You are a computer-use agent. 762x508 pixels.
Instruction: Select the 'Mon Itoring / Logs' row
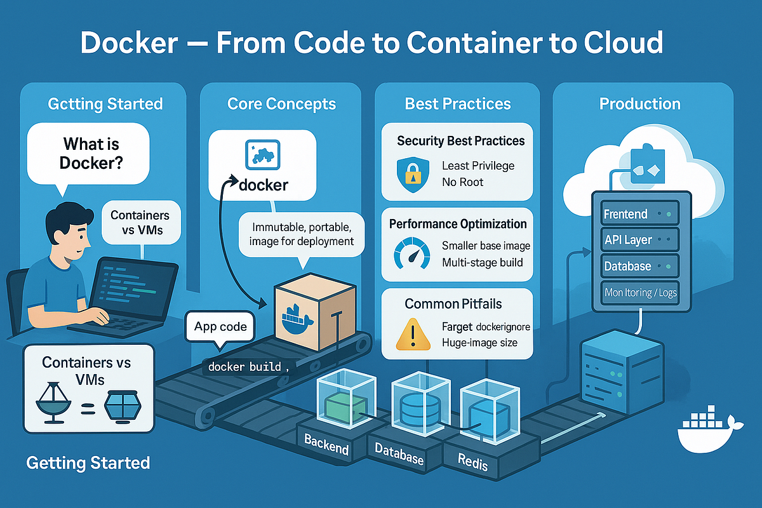(x=639, y=293)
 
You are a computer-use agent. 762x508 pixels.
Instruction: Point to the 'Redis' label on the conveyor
(x=473, y=462)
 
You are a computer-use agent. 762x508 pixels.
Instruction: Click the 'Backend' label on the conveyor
(x=326, y=444)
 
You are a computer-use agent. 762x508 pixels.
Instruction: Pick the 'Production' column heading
(x=639, y=104)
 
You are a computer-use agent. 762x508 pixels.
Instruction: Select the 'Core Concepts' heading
(x=281, y=104)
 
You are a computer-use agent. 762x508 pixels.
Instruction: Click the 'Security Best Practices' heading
(x=460, y=140)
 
